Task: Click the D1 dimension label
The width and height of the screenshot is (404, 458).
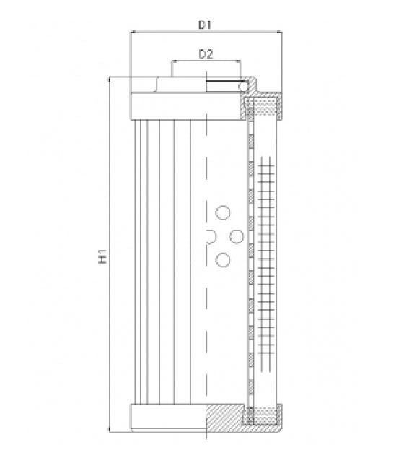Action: (205, 25)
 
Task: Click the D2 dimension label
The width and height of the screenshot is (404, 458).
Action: (206, 54)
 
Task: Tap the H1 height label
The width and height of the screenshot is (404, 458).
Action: (102, 256)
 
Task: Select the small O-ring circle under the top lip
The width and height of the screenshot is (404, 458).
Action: (242, 86)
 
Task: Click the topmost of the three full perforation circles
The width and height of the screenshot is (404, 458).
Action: (223, 212)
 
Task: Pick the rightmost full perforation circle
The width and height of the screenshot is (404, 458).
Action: (237, 236)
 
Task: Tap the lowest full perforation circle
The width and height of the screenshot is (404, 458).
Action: (223, 260)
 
